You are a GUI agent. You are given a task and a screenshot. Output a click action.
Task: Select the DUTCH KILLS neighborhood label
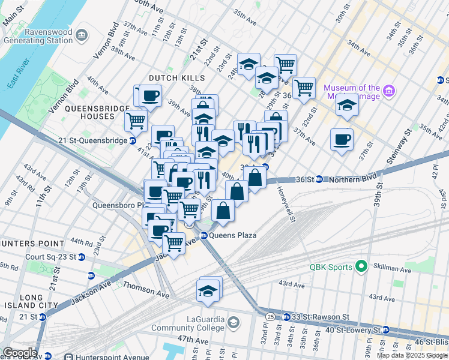(177, 78)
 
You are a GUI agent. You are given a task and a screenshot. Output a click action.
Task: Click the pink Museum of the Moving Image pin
(390, 92)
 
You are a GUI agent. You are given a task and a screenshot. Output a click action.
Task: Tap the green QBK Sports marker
(361, 266)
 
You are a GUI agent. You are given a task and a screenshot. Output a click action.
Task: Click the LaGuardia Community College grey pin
(232, 323)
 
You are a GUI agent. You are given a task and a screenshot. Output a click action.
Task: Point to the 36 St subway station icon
(320, 179)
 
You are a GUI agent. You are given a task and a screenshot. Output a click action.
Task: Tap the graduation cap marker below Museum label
(346, 104)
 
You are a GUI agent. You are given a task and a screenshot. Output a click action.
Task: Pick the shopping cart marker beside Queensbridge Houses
(136, 121)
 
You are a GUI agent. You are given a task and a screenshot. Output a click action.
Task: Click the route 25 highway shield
(270, 316)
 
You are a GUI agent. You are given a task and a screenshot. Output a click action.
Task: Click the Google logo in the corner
(19, 353)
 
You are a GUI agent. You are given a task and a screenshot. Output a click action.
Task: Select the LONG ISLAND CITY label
(23, 302)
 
